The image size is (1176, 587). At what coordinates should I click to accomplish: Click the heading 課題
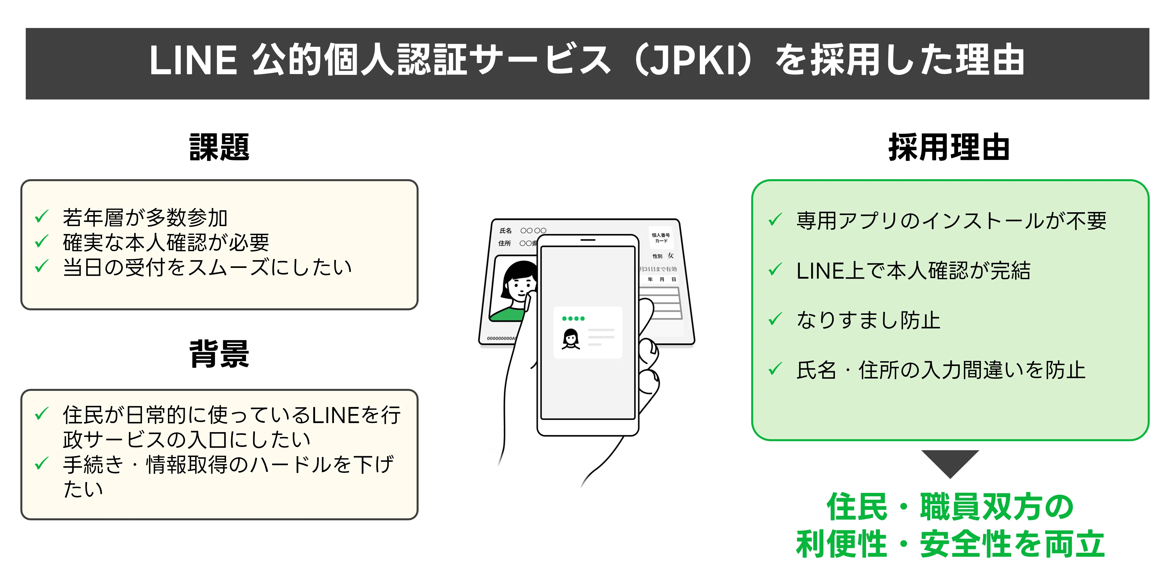219,147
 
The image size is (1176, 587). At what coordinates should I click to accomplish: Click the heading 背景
219,354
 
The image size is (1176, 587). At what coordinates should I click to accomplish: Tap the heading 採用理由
949,147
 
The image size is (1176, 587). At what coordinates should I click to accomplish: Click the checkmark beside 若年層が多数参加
42,217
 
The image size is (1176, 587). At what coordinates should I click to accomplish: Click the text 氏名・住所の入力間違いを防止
940,370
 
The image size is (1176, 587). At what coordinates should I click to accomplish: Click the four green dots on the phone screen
573,318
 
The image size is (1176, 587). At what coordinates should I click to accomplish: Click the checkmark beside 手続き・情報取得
42,464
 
